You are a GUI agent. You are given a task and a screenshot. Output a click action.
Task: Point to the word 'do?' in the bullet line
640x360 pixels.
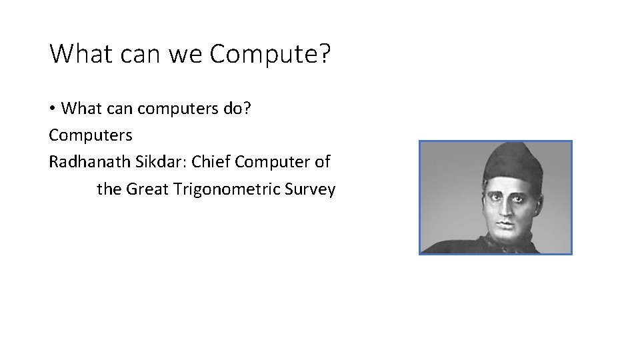[237, 108]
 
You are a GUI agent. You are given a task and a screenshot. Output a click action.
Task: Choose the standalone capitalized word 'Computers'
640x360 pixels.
[91, 135]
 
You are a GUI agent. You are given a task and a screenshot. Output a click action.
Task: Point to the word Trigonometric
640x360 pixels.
[227, 190]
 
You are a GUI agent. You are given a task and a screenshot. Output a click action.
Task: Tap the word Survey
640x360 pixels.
[310, 190]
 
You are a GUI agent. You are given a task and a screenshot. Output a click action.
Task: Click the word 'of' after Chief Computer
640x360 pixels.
[323, 162]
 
